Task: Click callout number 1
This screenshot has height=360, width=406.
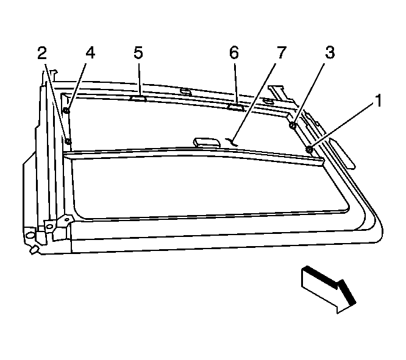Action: pos(379,101)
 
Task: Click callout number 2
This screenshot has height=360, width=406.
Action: pos(42,53)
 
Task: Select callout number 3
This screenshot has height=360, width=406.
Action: pos(330,52)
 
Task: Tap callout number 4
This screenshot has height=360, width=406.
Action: pos(90,53)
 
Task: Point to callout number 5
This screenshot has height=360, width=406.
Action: pos(138,52)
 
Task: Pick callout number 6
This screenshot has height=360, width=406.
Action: pos(234,52)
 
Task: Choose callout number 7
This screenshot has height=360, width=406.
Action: pos(282,52)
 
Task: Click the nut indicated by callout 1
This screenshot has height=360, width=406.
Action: pos(309,149)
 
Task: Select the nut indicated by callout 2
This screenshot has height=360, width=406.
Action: pos(68,141)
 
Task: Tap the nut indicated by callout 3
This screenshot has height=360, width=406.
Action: pos(293,125)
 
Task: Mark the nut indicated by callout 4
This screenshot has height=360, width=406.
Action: pos(66,110)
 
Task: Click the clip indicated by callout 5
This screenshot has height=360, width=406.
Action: pos(138,98)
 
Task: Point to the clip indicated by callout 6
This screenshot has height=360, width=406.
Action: pos(236,107)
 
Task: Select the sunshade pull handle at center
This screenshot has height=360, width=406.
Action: pos(207,143)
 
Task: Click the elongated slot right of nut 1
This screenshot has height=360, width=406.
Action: pos(342,154)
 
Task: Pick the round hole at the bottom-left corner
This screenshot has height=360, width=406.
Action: pos(30,235)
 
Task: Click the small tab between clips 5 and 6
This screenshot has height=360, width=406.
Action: pos(185,91)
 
